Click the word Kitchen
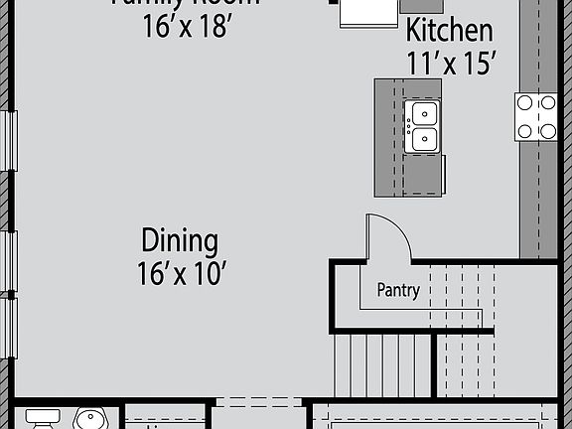point(449,30)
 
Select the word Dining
point(179,240)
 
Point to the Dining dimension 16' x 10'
point(179,272)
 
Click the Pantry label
point(397,291)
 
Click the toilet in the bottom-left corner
point(42,417)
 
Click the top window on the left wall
point(11,142)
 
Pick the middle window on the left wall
point(11,263)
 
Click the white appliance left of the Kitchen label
point(367,12)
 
